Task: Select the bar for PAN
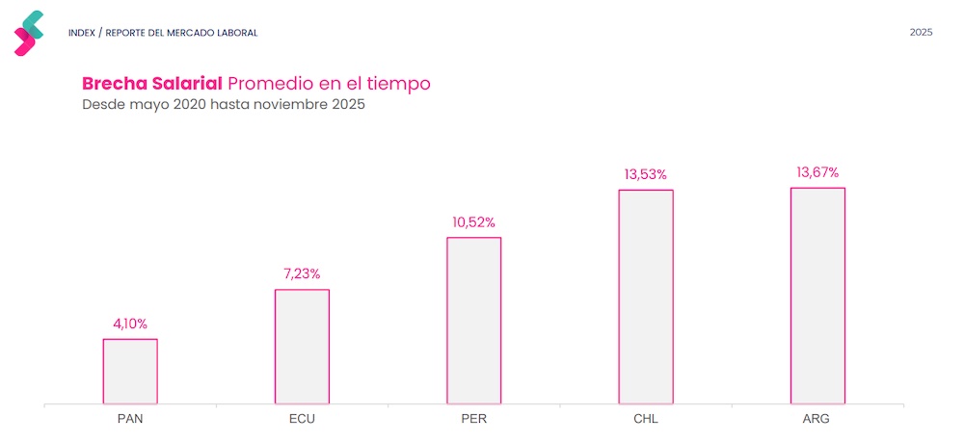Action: point(130,371)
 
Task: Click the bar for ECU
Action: point(302,346)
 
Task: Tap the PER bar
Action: point(473,320)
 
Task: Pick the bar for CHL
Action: point(646,297)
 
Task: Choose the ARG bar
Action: point(817,296)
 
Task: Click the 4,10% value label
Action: point(130,324)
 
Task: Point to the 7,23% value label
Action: point(302,274)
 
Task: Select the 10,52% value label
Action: point(473,222)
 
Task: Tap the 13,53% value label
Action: point(646,174)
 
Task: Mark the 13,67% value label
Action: point(817,172)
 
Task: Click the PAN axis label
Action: point(130,420)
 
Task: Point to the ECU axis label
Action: point(302,420)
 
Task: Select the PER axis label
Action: point(473,420)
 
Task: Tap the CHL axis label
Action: point(646,420)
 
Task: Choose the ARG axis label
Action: point(817,420)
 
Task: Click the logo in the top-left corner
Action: point(29,33)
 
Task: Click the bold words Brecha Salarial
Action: point(152,84)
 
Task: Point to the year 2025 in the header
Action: point(921,33)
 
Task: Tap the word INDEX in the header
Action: point(81,33)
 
